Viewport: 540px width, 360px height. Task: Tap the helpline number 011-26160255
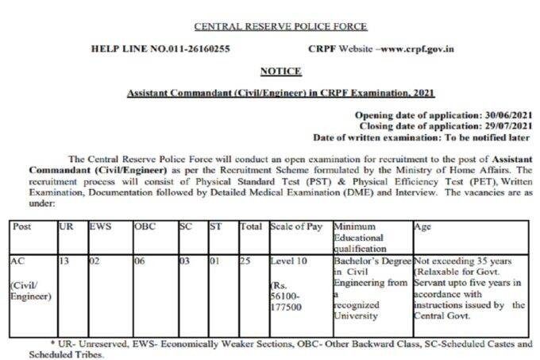pos(195,48)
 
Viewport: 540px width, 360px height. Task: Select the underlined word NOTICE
pos(280,72)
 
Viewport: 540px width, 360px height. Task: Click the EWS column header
pos(100,226)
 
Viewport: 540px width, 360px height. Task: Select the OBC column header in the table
pos(145,226)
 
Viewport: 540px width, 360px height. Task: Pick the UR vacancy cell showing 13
pos(66,261)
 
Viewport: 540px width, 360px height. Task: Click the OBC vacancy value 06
pos(139,261)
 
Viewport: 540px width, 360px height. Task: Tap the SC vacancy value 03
pos(184,261)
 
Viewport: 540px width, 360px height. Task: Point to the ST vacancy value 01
pos(214,261)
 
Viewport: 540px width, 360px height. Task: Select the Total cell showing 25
pos(247,261)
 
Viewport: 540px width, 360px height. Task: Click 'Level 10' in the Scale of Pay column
pos(287,261)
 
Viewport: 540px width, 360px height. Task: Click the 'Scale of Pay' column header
pos(295,226)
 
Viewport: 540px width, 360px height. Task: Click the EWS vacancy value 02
pos(94,261)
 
